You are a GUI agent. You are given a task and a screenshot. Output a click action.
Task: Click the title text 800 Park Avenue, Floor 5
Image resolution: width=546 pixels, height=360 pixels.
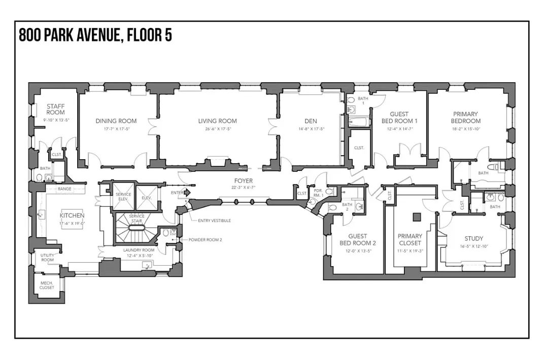tap(95, 35)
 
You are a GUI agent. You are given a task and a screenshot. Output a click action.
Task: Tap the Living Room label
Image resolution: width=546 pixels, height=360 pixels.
tap(217, 121)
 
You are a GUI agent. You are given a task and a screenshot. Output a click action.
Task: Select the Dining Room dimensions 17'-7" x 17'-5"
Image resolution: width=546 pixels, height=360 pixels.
tap(116, 129)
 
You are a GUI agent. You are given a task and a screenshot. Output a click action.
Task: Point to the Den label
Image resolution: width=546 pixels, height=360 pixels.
tap(311, 121)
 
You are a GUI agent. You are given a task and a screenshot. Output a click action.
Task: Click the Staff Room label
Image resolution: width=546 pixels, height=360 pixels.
tap(55, 109)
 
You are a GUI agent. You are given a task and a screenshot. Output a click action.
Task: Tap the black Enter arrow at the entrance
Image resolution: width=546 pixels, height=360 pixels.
tap(186, 193)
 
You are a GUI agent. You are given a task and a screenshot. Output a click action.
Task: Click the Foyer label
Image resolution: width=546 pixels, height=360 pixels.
tap(243, 181)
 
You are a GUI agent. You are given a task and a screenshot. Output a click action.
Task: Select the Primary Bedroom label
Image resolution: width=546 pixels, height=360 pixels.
tap(466, 118)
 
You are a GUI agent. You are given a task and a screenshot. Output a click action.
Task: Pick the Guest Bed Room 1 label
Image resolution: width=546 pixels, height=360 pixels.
tap(399, 118)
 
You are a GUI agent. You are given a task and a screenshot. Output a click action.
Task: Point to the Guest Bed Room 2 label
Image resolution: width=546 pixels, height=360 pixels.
tap(357, 240)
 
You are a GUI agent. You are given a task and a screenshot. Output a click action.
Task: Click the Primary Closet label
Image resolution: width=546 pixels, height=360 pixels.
tap(409, 240)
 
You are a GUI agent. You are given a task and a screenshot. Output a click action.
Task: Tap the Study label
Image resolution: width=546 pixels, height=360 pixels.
tap(473, 238)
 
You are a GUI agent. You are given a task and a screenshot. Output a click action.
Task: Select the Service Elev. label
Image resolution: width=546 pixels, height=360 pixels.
tap(123, 197)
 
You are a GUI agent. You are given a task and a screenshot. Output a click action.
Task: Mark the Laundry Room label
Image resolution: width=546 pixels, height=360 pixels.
tap(139, 250)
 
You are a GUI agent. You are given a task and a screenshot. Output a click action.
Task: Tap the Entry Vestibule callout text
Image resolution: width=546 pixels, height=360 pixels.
tap(215, 221)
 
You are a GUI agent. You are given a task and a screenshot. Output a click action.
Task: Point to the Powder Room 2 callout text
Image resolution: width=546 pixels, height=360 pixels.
tap(205, 239)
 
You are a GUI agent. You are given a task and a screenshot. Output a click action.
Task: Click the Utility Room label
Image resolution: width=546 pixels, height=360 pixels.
tap(47, 258)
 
